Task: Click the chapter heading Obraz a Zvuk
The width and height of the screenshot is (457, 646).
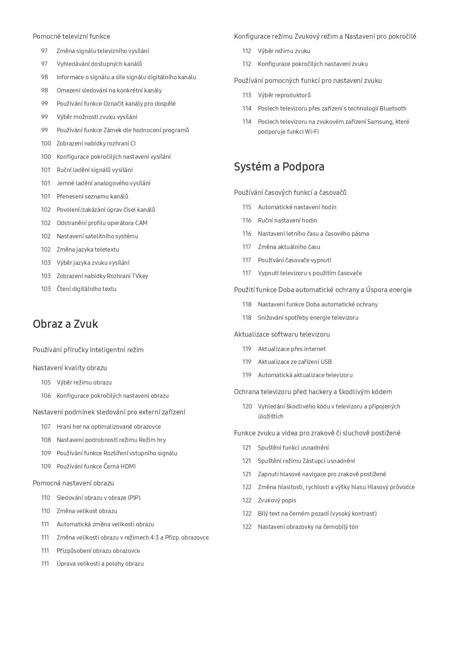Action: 65,324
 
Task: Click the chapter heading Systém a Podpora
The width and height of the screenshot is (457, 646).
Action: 279,167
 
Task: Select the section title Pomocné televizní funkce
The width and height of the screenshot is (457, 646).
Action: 71,36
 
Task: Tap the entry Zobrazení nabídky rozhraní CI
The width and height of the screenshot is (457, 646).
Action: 96,144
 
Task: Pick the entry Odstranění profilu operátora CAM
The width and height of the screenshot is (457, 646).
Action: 102,223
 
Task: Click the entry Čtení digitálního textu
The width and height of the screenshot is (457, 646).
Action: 86,289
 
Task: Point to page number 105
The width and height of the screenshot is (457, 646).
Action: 46,383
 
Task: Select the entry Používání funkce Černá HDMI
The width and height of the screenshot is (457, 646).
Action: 96,467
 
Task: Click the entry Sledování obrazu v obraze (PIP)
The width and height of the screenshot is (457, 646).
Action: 98,498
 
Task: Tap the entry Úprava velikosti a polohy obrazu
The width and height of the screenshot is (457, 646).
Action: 100,564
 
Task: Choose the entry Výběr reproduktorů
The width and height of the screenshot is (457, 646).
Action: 284,95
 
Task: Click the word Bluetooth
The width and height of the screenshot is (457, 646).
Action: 393,109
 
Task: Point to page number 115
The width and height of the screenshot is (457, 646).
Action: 247,207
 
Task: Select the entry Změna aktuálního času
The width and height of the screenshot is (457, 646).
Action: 289,247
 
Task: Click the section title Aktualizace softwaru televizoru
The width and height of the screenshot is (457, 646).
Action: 282,334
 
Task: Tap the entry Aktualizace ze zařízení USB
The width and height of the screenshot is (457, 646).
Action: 294,362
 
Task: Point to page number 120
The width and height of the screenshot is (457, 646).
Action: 247,407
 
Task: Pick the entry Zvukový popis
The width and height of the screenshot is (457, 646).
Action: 277,501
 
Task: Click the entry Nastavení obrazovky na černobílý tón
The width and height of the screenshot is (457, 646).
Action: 308,527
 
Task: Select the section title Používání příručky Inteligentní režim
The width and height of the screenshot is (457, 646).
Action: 88,350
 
